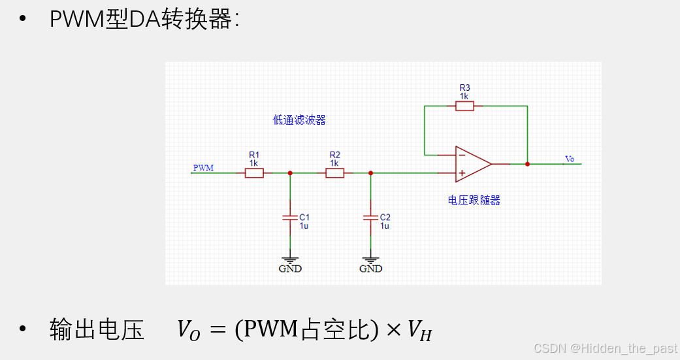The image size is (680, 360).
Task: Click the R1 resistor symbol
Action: coord(254,173)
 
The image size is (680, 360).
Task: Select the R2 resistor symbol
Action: coord(334,173)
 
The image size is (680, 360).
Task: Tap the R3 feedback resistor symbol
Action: coord(464,105)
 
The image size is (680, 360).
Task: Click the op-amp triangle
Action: coord(472,163)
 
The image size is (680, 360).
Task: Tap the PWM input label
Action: coord(203,168)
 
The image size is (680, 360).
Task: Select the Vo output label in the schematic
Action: coord(570,159)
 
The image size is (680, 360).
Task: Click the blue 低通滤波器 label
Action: coord(299,120)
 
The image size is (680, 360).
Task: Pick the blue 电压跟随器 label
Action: coord(474,201)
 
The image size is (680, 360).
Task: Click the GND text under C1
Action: coord(290,269)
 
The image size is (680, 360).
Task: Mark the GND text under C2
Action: coord(371,269)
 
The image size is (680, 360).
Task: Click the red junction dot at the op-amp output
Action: coord(527,164)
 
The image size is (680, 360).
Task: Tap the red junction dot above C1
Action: coord(290,173)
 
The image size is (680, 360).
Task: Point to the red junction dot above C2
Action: coord(370,173)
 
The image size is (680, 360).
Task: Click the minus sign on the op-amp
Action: coord(462,155)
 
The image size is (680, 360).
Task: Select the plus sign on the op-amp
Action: coord(462,173)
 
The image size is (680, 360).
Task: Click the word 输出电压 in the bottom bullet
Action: coord(97,330)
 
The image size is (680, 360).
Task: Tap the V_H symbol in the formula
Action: coord(419,331)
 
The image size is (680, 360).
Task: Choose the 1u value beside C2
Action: coord(385,225)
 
